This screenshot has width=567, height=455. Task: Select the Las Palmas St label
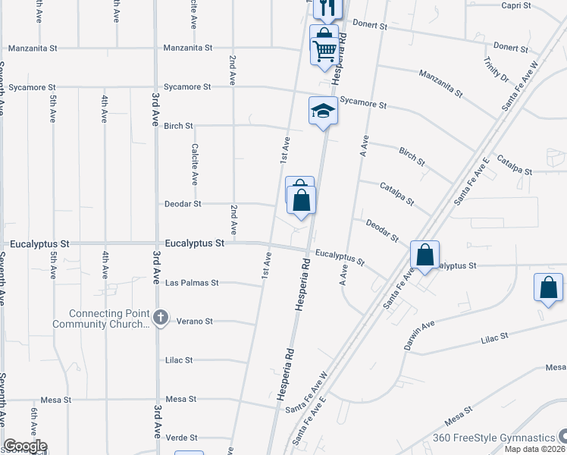[x=192, y=283]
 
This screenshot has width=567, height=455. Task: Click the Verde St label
[x=182, y=438]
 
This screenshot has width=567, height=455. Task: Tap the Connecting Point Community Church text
[x=101, y=319]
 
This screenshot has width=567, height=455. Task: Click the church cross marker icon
[x=160, y=318]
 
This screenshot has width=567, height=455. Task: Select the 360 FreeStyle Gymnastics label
[x=493, y=438]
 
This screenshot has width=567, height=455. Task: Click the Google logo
[x=25, y=447]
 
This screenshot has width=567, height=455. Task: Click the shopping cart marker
[x=324, y=52]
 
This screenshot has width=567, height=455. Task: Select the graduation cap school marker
[x=323, y=112]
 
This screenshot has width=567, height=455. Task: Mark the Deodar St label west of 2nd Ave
[x=183, y=204]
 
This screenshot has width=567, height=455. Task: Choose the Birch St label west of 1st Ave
[x=178, y=126]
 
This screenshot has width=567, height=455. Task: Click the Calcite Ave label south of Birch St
[x=195, y=165]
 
